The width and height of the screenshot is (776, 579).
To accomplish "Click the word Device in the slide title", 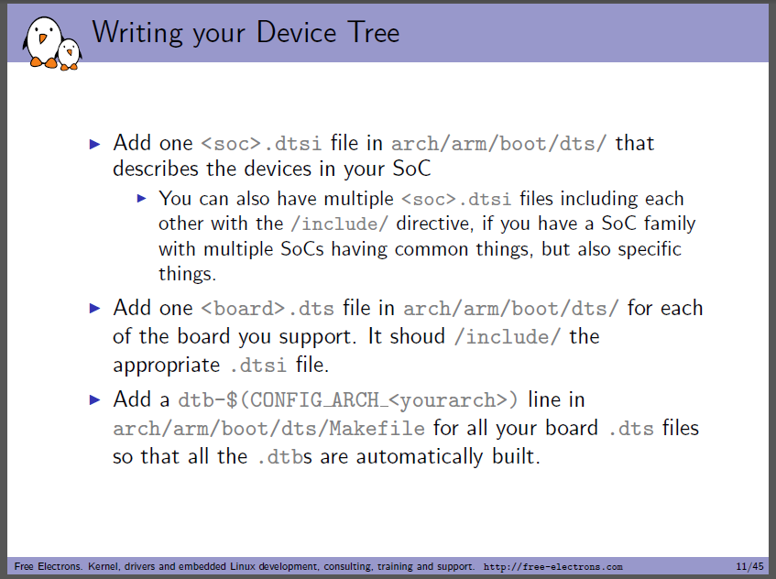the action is pyautogui.click(x=297, y=33).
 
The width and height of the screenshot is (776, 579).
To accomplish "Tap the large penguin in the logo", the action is pyautogui.click(x=42, y=41).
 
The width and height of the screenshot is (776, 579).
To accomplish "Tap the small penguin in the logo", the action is pyautogui.click(x=70, y=54).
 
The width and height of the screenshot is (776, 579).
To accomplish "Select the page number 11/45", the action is pyautogui.click(x=749, y=566).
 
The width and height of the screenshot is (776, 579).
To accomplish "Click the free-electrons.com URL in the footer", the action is pyautogui.click(x=552, y=566).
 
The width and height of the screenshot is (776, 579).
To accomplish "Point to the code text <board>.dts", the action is pyautogui.click(x=268, y=309).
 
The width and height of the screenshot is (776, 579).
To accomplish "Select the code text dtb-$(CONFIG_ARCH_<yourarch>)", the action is pyautogui.click(x=348, y=399).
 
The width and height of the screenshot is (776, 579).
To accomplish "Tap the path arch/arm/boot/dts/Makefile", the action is pyautogui.click(x=268, y=428).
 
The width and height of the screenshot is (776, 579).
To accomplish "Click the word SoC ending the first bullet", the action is pyautogui.click(x=411, y=169).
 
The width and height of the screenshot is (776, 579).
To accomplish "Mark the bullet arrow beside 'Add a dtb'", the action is pyautogui.click(x=95, y=399).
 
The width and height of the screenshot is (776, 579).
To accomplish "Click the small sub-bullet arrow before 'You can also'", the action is pyautogui.click(x=142, y=199).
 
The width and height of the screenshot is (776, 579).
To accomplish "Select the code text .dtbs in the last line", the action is pyautogui.click(x=285, y=456).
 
